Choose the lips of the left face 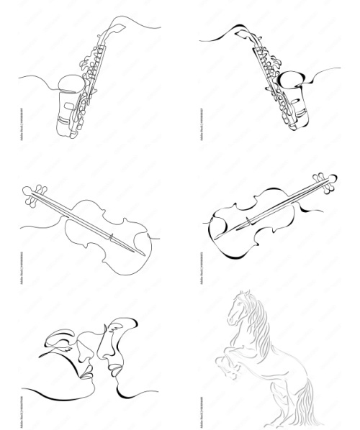click(86, 372)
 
